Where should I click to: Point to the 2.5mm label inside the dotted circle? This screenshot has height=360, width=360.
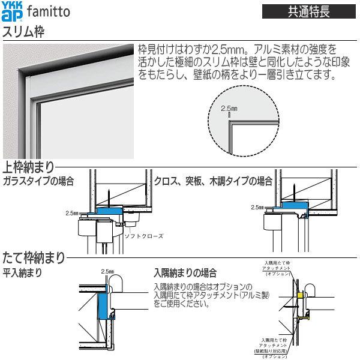(230, 109)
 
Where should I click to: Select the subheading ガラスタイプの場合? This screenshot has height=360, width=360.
(37, 181)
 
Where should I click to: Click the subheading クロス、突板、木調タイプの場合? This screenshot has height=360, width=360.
(213, 181)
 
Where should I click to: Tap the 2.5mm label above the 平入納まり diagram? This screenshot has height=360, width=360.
(108, 271)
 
